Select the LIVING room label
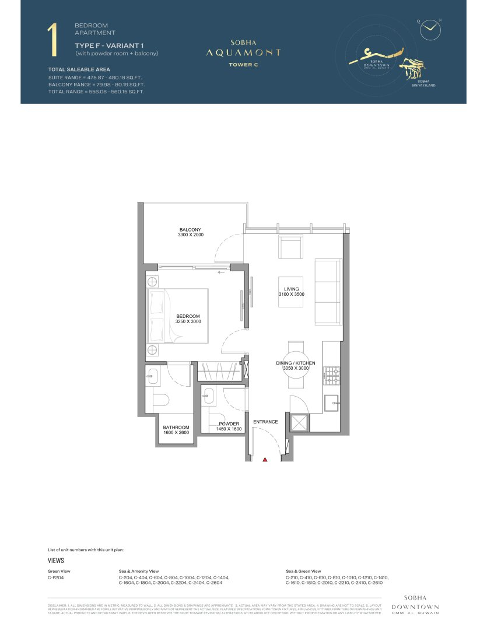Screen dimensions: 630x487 [x=291, y=289]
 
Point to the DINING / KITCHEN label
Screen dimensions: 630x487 [x=295, y=363]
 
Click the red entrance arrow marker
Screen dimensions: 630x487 [x=265, y=460]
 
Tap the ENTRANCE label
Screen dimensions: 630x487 [x=265, y=422]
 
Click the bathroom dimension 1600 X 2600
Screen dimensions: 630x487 [x=176, y=432]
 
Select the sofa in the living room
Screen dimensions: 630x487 [x=328, y=292]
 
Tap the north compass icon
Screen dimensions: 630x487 [x=430, y=26]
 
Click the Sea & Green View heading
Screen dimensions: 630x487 [x=303, y=571]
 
